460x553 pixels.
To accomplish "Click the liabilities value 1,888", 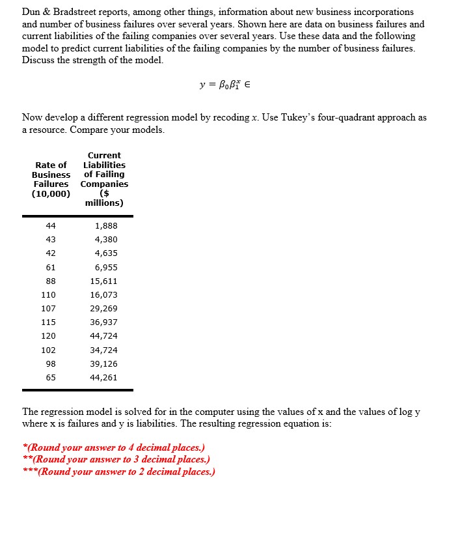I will (106, 225).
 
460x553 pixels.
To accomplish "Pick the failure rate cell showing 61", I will (51, 267).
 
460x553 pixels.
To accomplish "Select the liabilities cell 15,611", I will (104, 281).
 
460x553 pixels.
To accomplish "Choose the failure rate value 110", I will (49, 295).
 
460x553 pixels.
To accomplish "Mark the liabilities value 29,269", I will (104, 309).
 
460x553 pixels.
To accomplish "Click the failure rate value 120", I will (49, 336).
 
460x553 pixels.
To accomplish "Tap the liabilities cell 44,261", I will (104, 378).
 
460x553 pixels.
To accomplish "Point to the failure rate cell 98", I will (51, 363).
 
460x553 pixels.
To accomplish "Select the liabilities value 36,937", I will (104, 322).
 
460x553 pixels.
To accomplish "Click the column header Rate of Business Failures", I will (51, 179).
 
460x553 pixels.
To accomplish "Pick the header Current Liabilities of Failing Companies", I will (104, 179).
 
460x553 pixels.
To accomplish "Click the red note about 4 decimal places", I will (113, 447).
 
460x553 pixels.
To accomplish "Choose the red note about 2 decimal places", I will (118, 471).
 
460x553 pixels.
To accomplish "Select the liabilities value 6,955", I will (106, 267).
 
